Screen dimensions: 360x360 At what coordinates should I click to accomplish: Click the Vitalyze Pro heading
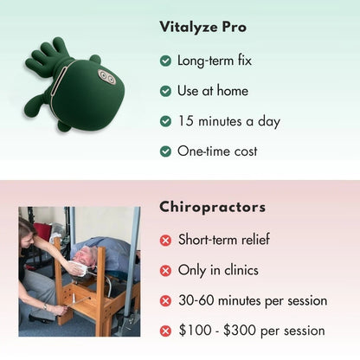[202, 27]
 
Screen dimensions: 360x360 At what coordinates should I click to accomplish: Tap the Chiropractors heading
[212, 208]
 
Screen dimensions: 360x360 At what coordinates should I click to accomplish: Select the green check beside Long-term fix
[165, 61]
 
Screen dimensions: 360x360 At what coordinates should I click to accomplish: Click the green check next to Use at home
[165, 91]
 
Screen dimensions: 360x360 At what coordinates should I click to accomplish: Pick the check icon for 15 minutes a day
[165, 121]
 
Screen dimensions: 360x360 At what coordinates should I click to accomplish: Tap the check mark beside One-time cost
[165, 151]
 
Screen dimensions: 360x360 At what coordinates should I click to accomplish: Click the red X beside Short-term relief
[165, 240]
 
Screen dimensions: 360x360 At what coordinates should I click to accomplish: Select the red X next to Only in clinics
[165, 270]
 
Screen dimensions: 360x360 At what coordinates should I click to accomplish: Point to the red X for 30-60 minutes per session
[165, 301]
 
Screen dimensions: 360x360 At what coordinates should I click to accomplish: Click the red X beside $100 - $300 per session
[165, 331]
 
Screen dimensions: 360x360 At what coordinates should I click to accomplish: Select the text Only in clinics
[218, 270]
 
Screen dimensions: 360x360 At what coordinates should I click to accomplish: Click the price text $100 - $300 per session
[251, 331]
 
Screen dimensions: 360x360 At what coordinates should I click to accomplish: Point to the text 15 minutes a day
[228, 121]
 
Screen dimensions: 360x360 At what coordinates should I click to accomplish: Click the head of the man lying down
[82, 258]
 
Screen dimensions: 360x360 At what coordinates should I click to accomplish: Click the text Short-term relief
[227, 240]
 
